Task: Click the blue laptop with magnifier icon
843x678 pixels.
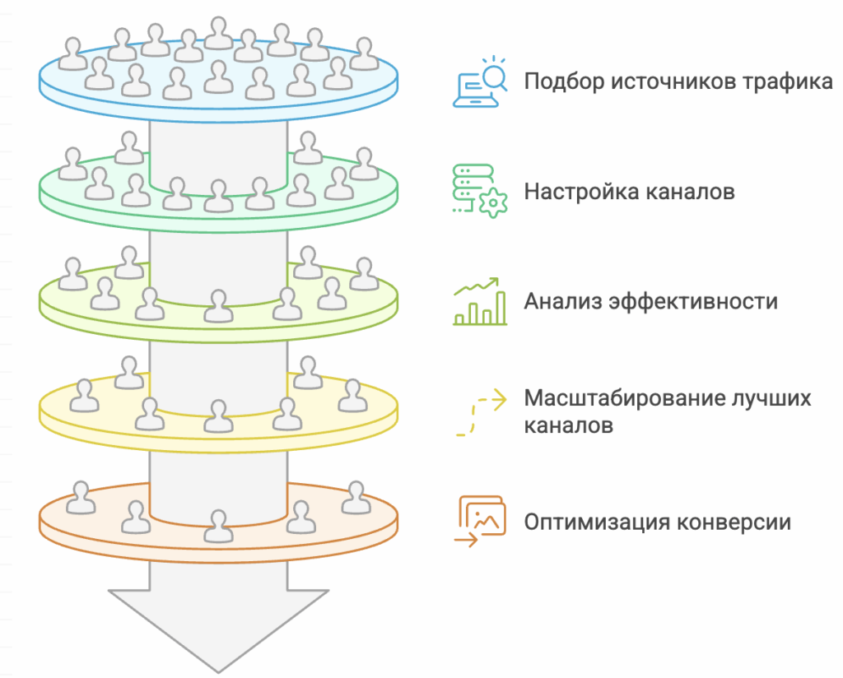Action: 480,82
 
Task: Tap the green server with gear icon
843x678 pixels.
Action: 480,191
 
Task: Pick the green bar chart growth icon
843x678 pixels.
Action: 480,301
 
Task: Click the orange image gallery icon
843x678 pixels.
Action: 480,521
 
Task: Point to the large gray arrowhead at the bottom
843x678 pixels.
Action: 218,625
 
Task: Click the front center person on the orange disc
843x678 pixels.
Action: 218,527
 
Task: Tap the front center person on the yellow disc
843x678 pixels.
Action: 218,416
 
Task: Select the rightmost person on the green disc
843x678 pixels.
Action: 362,164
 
